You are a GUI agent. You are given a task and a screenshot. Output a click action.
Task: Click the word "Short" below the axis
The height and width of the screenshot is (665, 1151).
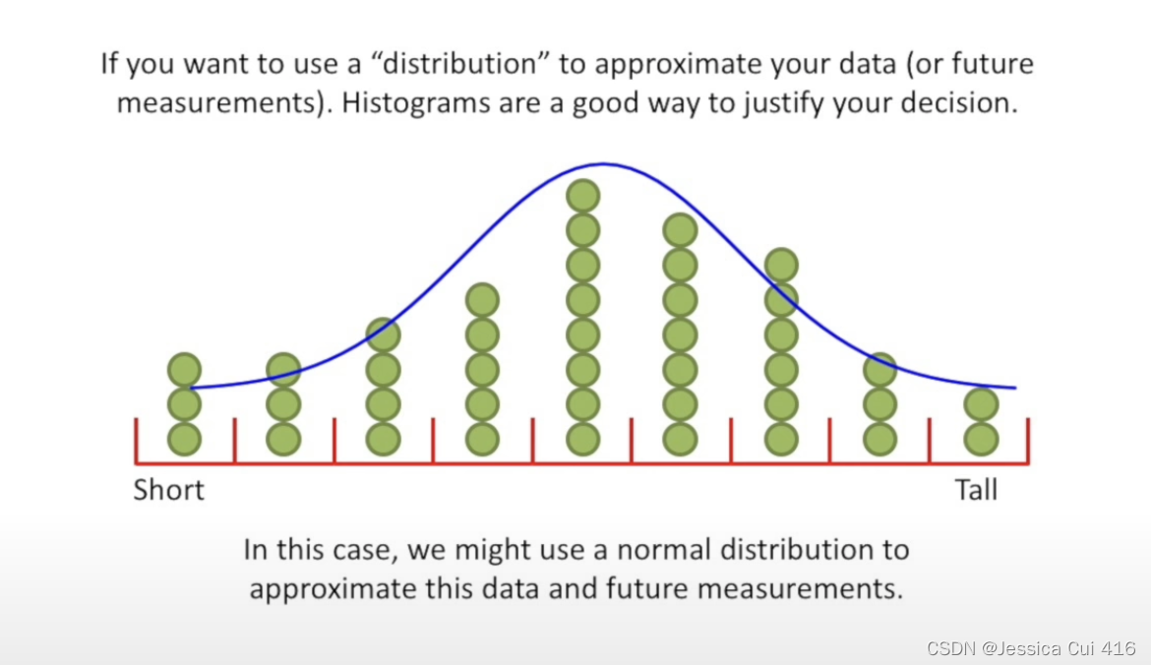coord(169,490)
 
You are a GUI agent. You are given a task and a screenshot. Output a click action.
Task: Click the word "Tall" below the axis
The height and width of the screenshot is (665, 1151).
coord(976,490)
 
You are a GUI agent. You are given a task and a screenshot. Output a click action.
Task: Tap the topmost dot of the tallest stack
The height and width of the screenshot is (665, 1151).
coord(582,197)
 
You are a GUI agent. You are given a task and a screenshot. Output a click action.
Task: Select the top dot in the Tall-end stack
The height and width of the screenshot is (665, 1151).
coord(981,404)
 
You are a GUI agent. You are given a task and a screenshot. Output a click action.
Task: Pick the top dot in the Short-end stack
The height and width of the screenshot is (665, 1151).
coord(184,371)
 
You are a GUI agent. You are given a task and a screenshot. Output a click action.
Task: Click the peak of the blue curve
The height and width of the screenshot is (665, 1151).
coord(602,164)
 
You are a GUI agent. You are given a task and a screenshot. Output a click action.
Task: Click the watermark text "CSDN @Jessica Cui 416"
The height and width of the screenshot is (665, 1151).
coord(1031,648)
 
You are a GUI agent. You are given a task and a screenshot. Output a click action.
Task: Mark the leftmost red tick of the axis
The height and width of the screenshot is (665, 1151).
coord(136,440)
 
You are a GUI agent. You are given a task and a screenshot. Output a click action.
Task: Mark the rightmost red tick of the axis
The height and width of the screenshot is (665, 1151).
coord(1028,440)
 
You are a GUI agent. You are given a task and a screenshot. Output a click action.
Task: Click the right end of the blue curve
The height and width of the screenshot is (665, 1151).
coord(1014,388)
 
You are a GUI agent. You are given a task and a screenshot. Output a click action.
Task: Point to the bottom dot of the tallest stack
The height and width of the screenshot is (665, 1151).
coord(582,439)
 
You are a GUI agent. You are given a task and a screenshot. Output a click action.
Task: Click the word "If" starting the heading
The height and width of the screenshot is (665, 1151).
coord(109,65)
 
